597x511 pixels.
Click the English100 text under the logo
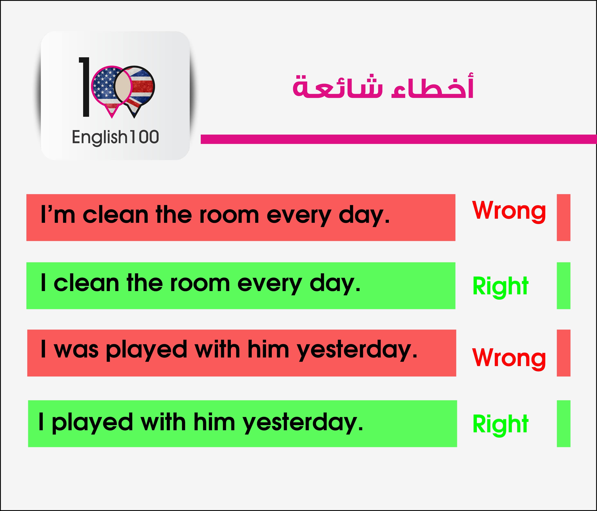tap(115, 137)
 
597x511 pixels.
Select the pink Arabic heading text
tap(383, 86)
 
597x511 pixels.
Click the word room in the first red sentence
tap(229, 215)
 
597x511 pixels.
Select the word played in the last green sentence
tap(92, 423)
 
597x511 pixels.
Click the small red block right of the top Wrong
tap(564, 217)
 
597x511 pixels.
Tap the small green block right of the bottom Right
tap(564, 424)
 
